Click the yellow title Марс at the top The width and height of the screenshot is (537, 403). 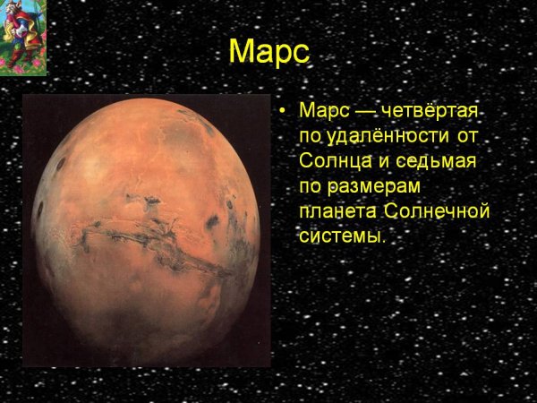(x=268, y=51)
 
